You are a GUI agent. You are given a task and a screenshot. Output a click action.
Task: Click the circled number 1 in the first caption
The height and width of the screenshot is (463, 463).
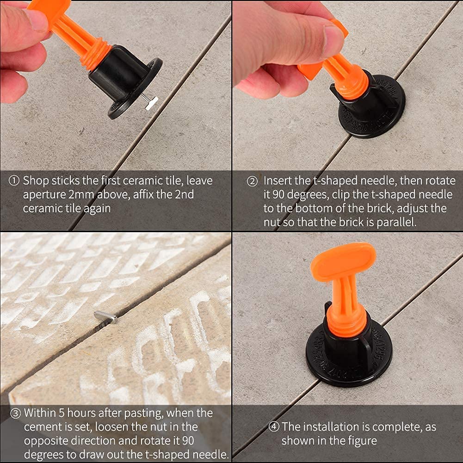coord(14,181)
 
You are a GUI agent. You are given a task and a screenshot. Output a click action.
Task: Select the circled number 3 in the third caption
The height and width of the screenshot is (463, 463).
coord(14,412)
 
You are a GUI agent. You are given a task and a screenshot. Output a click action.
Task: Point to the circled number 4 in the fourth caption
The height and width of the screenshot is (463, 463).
coord(274,426)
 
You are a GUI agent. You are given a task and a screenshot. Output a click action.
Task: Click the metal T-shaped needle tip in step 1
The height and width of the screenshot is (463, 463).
coord(151,102)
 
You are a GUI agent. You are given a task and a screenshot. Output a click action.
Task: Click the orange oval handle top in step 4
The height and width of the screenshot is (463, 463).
coord(343,261)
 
